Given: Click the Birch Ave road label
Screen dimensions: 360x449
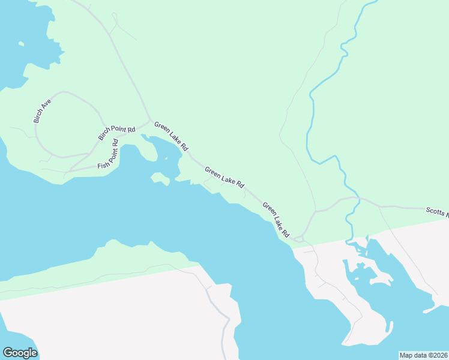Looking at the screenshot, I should pyautogui.click(x=43, y=111).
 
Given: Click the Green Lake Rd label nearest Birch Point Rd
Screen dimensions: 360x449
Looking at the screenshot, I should pyautogui.click(x=171, y=136).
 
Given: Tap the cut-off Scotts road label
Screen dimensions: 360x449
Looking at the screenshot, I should pyautogui.click(x=437, y=211).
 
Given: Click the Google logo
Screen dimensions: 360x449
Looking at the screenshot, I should pyautogui.click(x=20, y=353).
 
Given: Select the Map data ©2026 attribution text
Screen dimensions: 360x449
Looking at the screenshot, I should pyautogui.click(x=423, y=355).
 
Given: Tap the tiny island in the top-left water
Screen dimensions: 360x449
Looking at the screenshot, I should pyautogui.click(x=21, y=43).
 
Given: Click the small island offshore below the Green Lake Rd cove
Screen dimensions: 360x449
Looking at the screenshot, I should pyautogui.click(x=160, y=178).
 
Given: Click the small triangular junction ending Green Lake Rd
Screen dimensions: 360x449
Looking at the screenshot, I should pyautogui.click(x=298, y=239).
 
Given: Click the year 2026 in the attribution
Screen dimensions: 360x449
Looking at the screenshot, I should pyautogui.click(x=441, y=355).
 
